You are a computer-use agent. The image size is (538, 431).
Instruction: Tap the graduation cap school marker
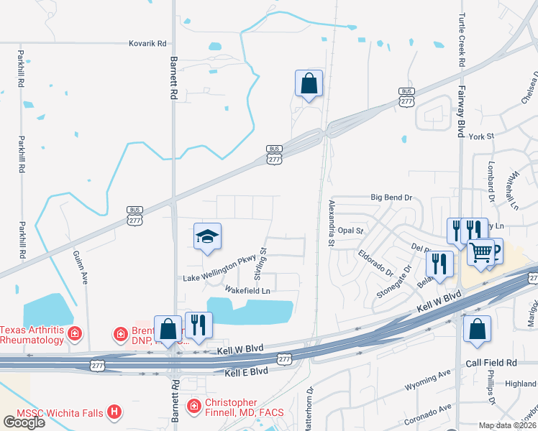coord(207,236)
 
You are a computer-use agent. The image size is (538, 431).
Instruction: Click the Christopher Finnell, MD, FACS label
coord(244,407)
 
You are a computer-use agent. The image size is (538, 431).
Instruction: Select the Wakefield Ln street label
coord(247,290)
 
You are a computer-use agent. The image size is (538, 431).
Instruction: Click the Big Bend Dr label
coord(391,197)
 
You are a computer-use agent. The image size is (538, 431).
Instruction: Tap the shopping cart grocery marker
coord(481,252)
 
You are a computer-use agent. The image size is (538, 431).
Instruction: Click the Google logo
coord(24,422)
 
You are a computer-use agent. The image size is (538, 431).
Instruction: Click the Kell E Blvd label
coord(246,371)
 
